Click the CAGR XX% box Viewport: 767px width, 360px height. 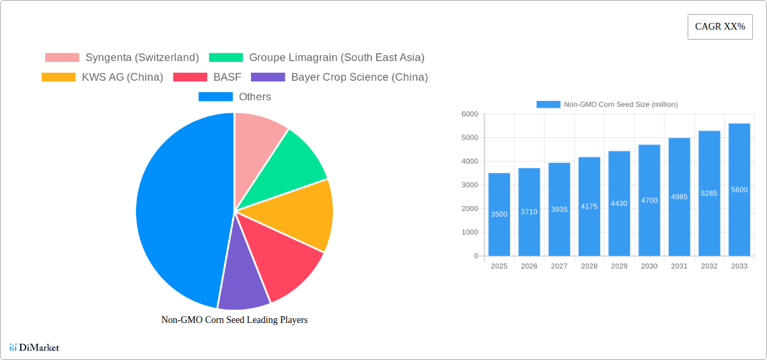pos(719,27)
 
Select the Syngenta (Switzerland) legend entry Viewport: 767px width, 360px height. pos(122,57)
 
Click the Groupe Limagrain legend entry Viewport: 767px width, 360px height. pos(316,57)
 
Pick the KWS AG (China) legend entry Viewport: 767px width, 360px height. pos(102,77)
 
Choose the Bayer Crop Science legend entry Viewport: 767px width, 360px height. pos(339,77)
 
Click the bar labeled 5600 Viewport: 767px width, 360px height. pos(739,190)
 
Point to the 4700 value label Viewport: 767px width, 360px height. pos(649,201)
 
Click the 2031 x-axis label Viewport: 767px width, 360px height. pos(679,266)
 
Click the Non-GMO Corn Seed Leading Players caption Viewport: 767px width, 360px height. pos(234,320)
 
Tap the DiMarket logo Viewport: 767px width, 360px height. pos(34,347)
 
